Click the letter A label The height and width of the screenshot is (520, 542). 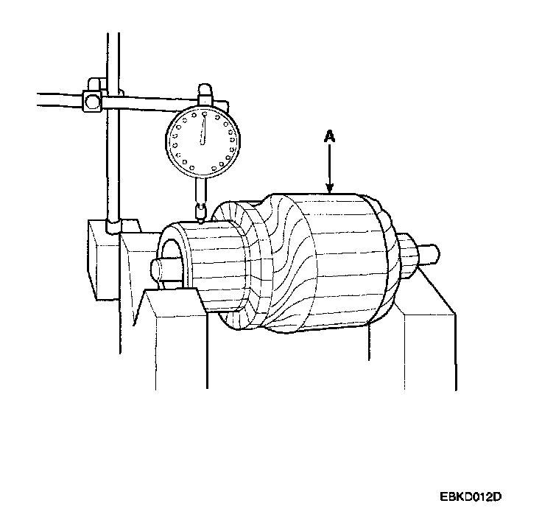point(330,137)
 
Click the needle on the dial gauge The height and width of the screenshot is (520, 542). point(203,128)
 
